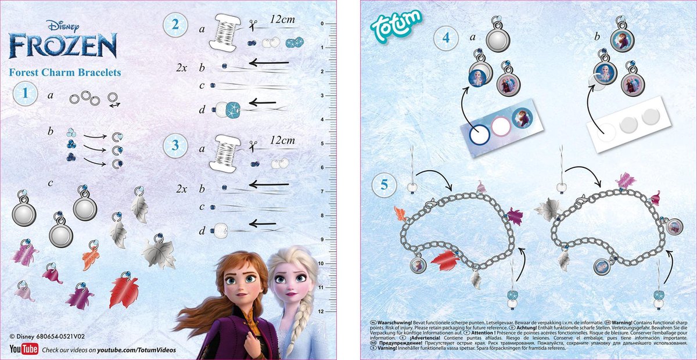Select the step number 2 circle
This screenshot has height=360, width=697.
click(175, 25)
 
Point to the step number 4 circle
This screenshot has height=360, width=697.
click(446, 38)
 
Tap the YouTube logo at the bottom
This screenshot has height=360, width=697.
click(24, 350)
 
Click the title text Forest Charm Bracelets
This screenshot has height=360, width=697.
click(65, 73)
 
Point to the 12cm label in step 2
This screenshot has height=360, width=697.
click(283, 20)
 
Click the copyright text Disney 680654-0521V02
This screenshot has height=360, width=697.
click(52, 336)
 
